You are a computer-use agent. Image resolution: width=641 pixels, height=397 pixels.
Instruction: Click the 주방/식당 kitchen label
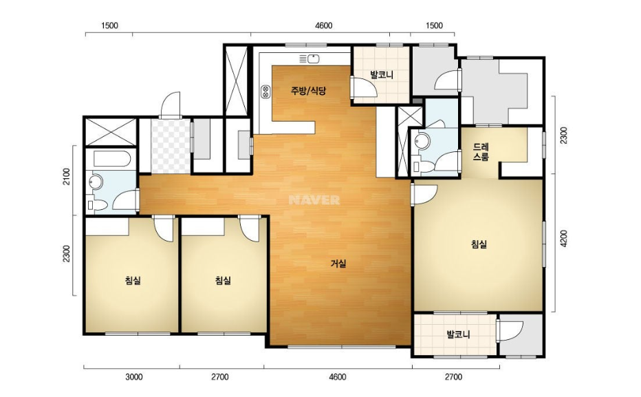point(308,91)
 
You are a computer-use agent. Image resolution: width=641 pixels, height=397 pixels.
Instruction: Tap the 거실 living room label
point(338,264)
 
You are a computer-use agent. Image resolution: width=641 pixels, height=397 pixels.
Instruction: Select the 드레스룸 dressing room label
point(481,151)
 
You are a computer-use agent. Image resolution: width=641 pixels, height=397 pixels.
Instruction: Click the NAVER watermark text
point(314,200)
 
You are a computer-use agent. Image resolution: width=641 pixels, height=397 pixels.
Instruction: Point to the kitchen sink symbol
point(309,58)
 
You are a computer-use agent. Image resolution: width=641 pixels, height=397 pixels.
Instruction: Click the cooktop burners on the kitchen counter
point(265,92)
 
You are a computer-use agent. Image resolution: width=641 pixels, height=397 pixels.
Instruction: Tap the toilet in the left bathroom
point(97,204)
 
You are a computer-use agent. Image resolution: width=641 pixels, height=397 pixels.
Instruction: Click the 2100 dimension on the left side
point(67,176)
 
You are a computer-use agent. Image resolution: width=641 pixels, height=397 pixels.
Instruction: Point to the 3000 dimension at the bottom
point(133,376)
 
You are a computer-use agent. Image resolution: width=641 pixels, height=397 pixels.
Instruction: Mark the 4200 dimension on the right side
point(564,238)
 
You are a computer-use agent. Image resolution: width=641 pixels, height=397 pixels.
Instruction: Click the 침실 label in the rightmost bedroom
point(479,244)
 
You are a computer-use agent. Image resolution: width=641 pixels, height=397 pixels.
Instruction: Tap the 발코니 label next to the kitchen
point(382,75)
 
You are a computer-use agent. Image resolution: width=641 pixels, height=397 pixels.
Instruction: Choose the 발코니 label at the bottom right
point(458,335)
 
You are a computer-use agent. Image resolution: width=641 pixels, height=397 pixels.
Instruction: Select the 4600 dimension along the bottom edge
point(337,376)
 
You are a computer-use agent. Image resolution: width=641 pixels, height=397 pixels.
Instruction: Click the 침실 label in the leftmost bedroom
point(133,281)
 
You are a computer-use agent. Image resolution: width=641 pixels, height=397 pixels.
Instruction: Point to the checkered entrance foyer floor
point(171,146)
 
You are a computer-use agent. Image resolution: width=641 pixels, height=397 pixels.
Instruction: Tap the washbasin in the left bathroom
point(96,182)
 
